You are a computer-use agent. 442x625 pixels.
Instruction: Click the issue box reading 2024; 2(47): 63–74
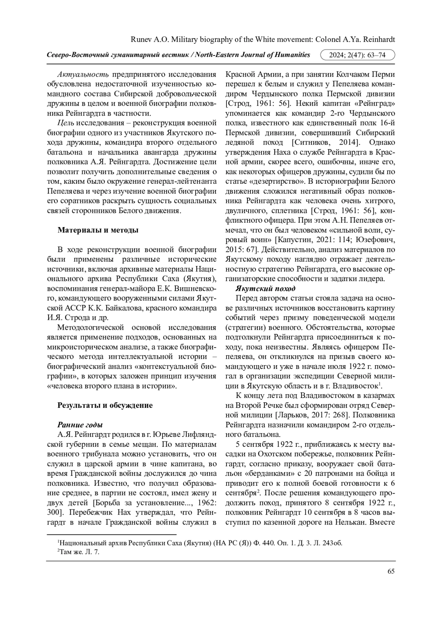point(358,55)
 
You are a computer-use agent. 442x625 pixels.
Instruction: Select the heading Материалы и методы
point(98,230)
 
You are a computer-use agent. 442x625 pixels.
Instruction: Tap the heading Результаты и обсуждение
point(105,405)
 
